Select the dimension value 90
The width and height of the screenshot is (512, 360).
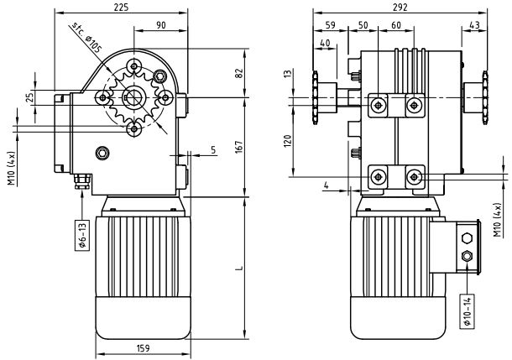click(x=160, y=24)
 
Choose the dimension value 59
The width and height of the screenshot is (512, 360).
click(x=329, y=24)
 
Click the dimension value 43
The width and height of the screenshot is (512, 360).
click(x=476, y=24)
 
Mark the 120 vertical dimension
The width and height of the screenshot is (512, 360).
click(x=289, y=139)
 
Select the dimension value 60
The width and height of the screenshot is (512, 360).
click(x=395, y=24)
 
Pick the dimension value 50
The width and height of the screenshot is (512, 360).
click(x=363, y=24)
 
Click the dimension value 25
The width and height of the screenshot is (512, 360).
click(x=30, y=97)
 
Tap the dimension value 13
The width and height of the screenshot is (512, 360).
click(x=289, y=76)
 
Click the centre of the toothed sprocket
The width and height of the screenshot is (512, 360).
click(x=133, y=97)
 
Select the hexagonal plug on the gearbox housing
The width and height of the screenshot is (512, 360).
click(x=102, y=153)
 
